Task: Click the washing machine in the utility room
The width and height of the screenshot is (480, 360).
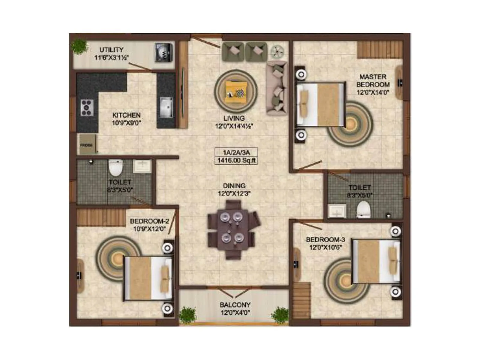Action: coord(164,53)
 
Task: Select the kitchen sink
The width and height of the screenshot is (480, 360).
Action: coord(166,107)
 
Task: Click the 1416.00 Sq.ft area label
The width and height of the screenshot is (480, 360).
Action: coord(236,160)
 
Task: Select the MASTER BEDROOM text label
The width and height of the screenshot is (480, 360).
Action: coord(373,81)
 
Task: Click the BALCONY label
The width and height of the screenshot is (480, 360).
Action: coord(235,305)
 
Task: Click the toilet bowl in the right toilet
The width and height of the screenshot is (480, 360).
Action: coord(363,209)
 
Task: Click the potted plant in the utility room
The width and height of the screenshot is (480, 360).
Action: coord(79,47)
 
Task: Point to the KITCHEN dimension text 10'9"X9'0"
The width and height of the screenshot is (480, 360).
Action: coord(126,123)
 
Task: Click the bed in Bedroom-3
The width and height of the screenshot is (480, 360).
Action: coord(376,261)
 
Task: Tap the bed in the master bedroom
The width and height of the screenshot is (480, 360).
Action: coord(320,104)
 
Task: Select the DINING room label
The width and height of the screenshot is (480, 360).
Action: coord(234,186)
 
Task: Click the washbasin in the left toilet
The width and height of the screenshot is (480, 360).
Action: coord(142,166)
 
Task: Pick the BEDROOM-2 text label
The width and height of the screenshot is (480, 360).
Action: coord(149,221)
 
